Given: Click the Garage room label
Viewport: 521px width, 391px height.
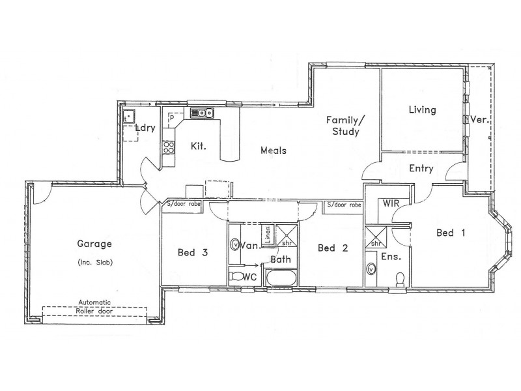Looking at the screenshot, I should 95,245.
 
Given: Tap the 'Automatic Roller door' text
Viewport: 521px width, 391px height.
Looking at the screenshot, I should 95,306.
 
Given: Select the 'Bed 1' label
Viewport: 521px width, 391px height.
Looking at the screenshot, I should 449,233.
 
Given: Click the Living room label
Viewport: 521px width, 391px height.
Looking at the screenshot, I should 422,110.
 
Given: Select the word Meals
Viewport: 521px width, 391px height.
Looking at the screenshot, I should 274,151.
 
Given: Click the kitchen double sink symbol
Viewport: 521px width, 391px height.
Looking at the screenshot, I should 203,113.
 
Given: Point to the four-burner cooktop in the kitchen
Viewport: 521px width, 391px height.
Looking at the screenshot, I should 168,147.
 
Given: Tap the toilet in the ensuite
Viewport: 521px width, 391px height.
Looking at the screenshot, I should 401,278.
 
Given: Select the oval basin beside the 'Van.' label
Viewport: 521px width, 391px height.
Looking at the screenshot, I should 235,246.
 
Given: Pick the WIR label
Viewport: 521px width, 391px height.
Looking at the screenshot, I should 391,204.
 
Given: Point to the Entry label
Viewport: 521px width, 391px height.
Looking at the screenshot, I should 421,169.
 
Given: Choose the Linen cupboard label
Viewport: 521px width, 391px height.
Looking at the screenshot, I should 268,233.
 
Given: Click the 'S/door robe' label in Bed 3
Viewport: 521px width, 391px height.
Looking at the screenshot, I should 183,205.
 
